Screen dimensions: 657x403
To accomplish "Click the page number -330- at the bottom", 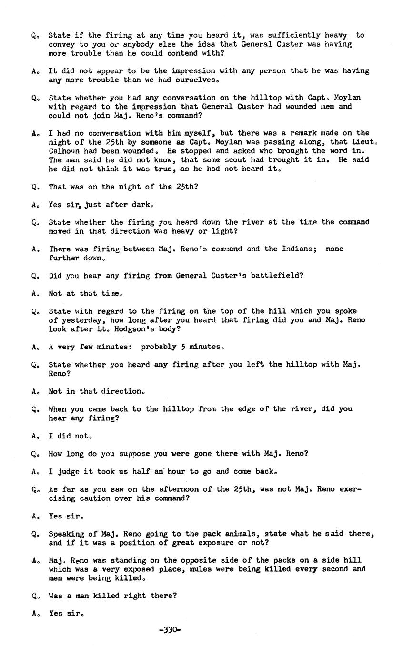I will (x=170, y=630).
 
